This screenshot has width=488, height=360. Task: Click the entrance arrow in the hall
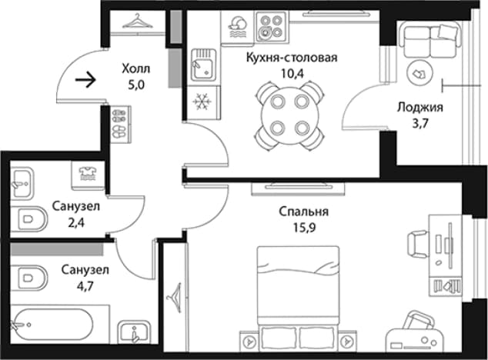click(85, 80)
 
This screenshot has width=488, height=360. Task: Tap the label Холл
click(135, 68)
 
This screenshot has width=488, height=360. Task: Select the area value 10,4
click(292, 73)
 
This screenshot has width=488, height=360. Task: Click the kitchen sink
click(203, 65)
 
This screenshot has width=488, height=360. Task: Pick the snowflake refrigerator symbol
click(202, 102)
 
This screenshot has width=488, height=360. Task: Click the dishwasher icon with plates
click(238, 26)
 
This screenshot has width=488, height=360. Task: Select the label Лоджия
click(419, 108)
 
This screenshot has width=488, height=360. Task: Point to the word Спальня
click(303, 212)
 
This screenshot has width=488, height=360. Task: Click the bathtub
click(54, 324)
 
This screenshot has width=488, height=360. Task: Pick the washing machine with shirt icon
click(88, 175)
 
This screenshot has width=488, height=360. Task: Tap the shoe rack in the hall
click(120, 124)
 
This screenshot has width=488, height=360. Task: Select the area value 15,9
click(304, 228)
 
